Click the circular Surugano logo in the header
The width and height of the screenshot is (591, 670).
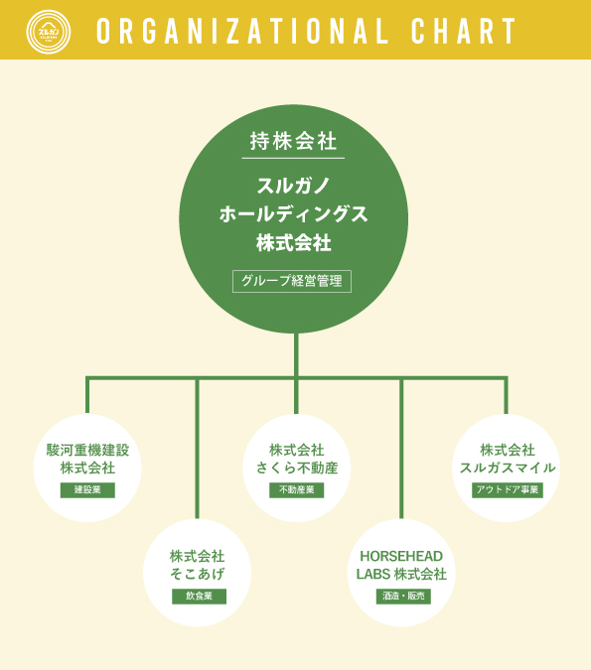pyautogui.click(x=49, y=32)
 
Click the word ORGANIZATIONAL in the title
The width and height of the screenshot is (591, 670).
pyautogui.click(x=242, y=31)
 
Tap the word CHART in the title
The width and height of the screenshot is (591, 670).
pyautogui.click(x=464, y=31)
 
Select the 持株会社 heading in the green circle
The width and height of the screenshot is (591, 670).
pyautogui.click(x=293, y=141)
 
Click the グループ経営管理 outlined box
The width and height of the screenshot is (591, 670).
pyautogui.click(x=292, y=281)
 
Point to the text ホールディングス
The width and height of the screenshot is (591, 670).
pyautogui.click(x=293, y=214)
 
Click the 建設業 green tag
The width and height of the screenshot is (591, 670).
pyautogui.click(x=87, y=490)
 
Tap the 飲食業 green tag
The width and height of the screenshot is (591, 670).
pyautogui.click(x=200, y=597)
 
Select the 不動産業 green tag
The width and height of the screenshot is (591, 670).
pyautogui.click(x=297, y=490)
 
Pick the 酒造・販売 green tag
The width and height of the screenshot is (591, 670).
pyautogui.click(x=403, y=597)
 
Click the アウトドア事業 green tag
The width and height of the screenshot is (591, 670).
pyautogui.click(x=508, y=490)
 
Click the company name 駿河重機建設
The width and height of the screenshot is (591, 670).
pyautogui.click(x=87, y=450)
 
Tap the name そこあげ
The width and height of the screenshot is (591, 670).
pyautogui.click(x=197, y=574)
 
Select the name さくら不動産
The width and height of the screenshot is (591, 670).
pyautogui.click(x=297, y=468)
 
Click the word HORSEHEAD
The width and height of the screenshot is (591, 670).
pyautogui.click(x=401, y=556)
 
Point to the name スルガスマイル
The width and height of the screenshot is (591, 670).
pyautogui.click(x=508, y=468)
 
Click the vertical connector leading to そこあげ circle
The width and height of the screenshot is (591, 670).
pyautogui.click(x=197, y=449)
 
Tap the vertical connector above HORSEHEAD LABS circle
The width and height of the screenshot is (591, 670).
pyautogui.click(x=401, y=449)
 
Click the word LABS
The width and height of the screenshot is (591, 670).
pyautogui.click(x=372, y=574)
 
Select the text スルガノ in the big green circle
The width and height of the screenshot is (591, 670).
pyautogui.click(x=293, y=186)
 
